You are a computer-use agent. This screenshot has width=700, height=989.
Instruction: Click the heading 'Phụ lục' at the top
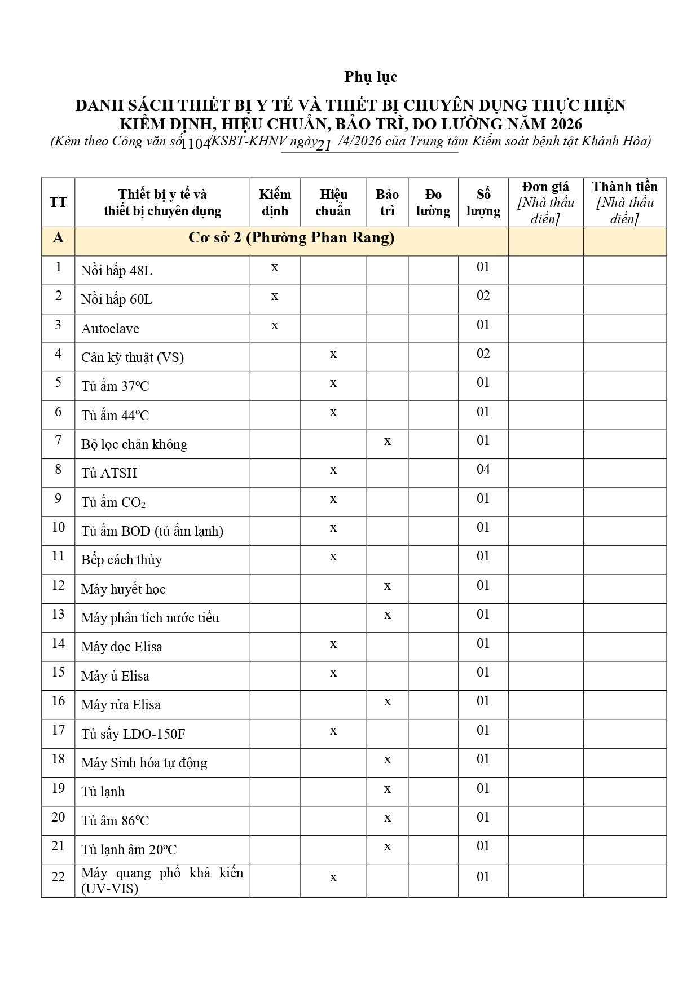371,77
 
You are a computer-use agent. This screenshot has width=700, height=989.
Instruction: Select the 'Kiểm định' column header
275,202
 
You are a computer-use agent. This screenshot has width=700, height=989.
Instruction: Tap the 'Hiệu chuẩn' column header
333,202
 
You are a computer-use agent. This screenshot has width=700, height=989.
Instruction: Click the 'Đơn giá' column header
545,187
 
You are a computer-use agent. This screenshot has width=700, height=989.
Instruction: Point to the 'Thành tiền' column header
624,187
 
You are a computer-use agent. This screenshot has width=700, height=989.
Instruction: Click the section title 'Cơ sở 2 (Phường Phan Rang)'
291,238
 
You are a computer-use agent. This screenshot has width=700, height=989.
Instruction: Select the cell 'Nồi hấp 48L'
117,271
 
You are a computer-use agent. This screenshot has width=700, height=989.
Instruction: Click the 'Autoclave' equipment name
110,329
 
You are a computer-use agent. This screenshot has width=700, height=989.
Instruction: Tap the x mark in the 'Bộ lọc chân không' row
387,441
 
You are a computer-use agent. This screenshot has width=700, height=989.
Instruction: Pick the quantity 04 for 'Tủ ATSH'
483,469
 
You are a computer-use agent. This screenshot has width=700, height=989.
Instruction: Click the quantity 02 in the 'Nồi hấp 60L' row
483,296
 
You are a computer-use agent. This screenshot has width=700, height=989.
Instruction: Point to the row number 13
58,614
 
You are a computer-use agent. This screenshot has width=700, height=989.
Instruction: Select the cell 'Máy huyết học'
123,589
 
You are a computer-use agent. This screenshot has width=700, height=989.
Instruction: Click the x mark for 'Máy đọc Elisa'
333,644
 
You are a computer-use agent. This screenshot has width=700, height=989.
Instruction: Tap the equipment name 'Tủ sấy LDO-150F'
133,734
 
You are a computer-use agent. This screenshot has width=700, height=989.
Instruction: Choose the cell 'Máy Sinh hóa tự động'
144,763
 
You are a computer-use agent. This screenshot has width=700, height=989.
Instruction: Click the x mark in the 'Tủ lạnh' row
387,789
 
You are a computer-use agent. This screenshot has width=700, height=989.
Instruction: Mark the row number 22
58,877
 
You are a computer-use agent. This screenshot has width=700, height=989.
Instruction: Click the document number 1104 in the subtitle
196,143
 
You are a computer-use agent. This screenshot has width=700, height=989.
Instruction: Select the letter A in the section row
58,238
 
